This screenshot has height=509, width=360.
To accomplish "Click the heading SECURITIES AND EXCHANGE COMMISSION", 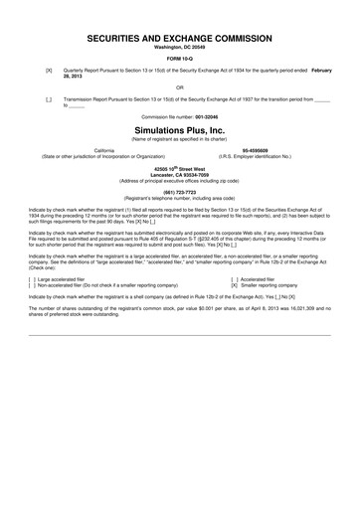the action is [180, 36].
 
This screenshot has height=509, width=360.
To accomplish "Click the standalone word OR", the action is [180, 87].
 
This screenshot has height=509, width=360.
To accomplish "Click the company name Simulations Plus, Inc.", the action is [180, 130].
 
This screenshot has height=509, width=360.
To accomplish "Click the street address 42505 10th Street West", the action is [180, 168].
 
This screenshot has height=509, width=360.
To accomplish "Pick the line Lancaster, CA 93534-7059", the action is [180, 175].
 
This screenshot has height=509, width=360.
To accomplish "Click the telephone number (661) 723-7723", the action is [180, 191].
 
